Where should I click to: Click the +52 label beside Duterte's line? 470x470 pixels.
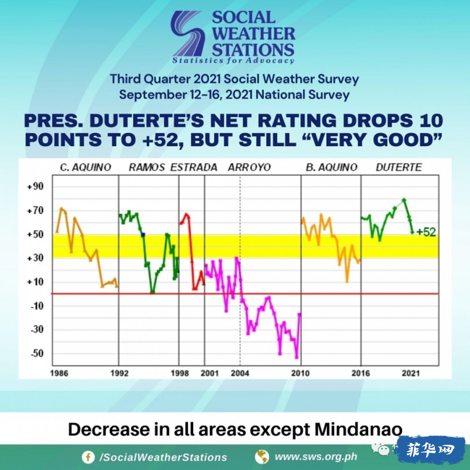[x=426, y=232]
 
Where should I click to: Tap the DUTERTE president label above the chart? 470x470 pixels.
[x=399, y=167]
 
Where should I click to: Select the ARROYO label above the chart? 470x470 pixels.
[x=249, y=167]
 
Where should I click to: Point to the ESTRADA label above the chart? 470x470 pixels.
[x=194, y=167]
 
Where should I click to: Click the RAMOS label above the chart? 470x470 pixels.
[x=147, y=167]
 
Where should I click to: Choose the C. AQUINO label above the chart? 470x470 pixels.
[x=85, y=167]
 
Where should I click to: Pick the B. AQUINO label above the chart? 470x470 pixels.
[x=332, y=167]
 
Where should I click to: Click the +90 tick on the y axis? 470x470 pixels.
[x=35, y=186]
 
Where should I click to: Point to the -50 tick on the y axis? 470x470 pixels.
[x=37, y=353]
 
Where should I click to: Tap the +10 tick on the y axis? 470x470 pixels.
[x=35, y=282]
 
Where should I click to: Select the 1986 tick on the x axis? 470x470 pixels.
[x=59, y=373]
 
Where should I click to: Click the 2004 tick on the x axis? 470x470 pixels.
[x=240, y=373]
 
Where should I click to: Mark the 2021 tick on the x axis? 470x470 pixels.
[x=411, y=373]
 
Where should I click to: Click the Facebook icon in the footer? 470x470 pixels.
[x=88, y=457]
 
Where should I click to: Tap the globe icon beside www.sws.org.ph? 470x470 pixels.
[x=262, y=457]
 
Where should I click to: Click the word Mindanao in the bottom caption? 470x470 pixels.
[x=358, y=429]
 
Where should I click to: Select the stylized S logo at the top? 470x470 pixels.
[x=187, y=34]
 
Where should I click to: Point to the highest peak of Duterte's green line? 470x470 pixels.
[x=404, y=200]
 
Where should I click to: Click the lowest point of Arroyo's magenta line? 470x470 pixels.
[x=297, y=357]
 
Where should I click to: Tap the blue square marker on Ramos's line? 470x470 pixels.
[x=143, y=235]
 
